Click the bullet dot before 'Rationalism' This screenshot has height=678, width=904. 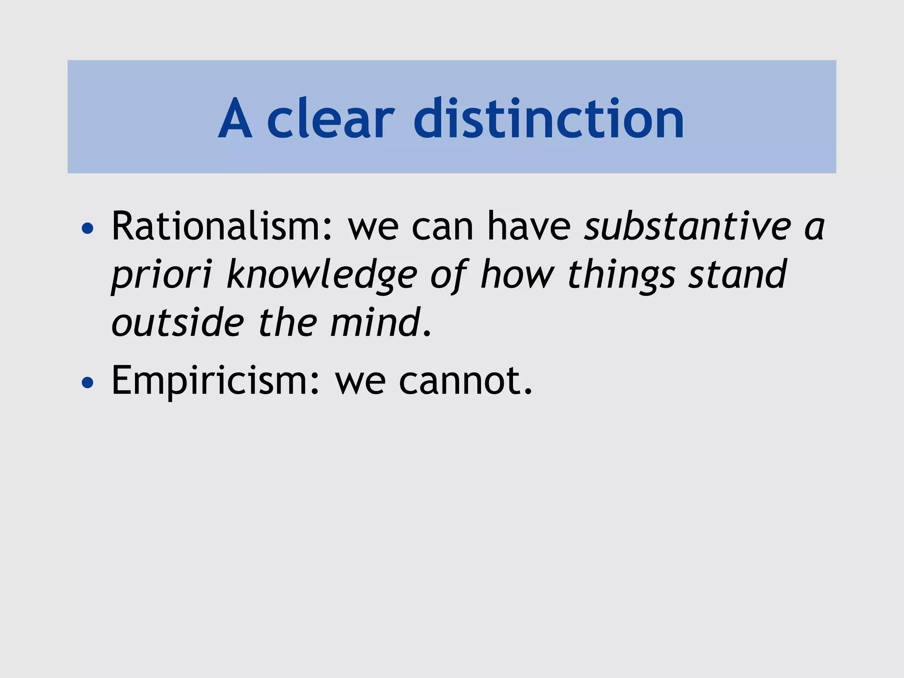tap(88, 228)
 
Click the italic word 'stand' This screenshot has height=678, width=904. tap(738, 275)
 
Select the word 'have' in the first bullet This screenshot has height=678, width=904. tap(529, 226)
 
